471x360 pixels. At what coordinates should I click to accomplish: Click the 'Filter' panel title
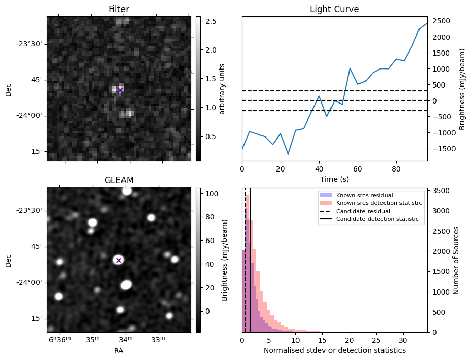(118, 9)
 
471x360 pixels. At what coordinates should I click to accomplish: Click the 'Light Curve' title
(334, 9)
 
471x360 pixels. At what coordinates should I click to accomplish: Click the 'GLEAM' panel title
(118, 180)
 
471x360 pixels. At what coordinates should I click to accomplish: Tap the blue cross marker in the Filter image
(120, 90)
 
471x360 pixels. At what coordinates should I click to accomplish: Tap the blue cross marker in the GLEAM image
(118, 260)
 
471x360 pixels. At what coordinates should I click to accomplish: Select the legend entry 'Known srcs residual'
(364, 196)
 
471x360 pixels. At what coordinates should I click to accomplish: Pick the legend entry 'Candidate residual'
(363, 211)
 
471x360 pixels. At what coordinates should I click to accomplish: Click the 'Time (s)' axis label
(334, 179)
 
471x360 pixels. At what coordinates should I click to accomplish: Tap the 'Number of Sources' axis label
(456, 260)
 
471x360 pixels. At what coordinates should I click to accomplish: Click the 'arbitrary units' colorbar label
(222, 89)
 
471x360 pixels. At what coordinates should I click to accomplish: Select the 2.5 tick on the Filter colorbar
(210, 21)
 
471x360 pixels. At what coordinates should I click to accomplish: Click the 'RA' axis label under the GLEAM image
(118, 351)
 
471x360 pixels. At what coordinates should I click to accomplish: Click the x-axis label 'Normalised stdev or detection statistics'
(334, 351)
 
